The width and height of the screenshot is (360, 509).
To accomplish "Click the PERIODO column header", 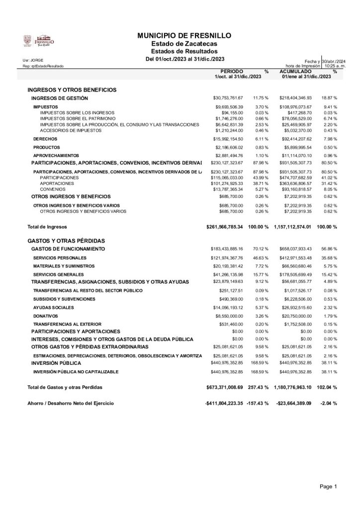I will tap(231, 72).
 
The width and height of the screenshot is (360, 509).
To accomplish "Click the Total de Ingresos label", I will tap(47, 227).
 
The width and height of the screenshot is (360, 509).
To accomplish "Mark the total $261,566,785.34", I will tap(224, 227).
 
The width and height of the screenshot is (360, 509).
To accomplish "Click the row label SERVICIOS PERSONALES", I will tap(60, 258).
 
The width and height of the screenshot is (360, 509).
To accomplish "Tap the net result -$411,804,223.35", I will tap(224, 403).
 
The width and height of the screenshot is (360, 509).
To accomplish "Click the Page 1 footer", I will tap(329, 486).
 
